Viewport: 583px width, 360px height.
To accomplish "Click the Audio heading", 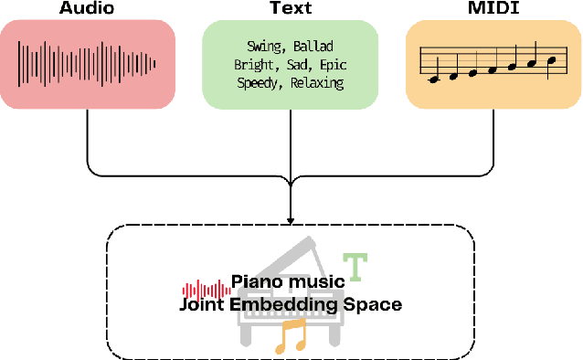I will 87,9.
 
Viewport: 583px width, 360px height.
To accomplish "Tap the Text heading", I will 291,9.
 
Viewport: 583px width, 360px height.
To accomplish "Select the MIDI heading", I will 494,9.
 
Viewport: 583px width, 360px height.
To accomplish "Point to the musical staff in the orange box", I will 493,62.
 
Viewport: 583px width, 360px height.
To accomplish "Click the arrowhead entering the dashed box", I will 291,220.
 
